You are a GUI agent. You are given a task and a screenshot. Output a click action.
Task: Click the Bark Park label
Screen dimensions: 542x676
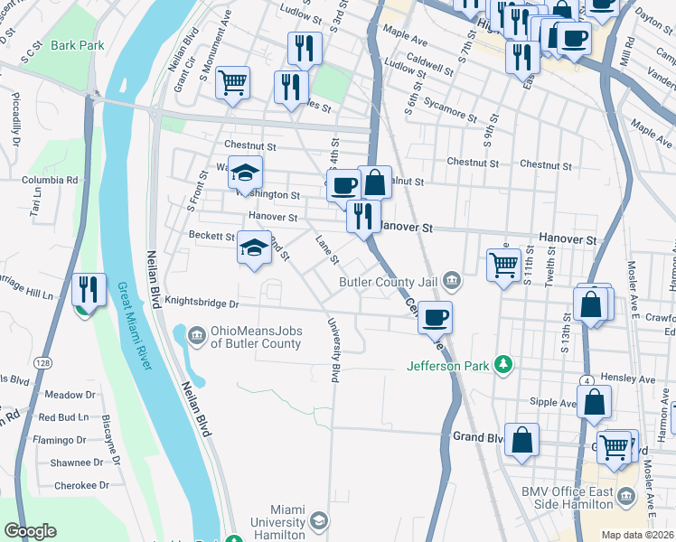pyautogui.click(x=77, y=45)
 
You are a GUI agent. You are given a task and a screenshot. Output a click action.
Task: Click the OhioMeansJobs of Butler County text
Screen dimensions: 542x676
pyautogui.click(x=256, y=337)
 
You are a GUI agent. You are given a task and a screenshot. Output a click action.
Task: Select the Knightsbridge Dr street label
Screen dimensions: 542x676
pyautogui.click(x=202, y=304)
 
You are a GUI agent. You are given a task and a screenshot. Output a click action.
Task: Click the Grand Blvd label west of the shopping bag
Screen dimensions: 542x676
pyautogui.click(x=477, y=437)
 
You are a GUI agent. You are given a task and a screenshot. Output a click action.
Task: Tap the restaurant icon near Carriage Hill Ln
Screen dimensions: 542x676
pyautogui.click(x=88, y=290)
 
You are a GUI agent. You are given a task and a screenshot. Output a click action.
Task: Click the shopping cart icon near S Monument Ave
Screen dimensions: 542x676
pyautogui.click(x=233, y=82)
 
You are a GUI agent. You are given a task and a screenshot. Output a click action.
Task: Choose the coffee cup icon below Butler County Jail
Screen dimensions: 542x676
pyautogui.click(x=436, y=316)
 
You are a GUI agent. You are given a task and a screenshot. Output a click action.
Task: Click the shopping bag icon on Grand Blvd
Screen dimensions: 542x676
pyautogui.click(x=522, y=440)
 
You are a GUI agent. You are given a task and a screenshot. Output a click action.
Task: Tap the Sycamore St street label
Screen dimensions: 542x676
pyautogui.click(x=449, y=113)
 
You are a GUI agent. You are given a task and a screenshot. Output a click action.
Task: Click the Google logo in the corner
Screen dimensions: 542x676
pyautogui.click(x=30, y=532)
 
